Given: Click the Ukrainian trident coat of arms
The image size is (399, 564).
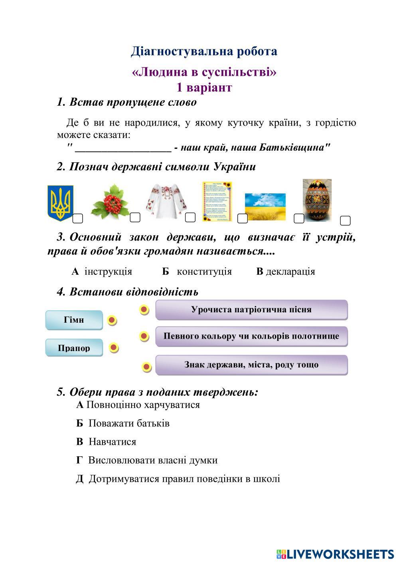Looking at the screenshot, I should pyautogui.click(x=60, y=203).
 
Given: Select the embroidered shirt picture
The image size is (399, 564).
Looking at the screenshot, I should pyautogui.click(x=166, y=201).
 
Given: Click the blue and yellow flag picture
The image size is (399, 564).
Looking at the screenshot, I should pyautogui.click(x=265, y=207).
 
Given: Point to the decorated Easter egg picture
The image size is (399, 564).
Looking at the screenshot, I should pyautogui.click(x=317, y=200).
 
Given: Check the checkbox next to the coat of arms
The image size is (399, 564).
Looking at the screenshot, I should pyautogui.click(x=78, y=218).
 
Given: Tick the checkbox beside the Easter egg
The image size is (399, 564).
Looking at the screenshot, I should pyautogui.click(x=345, y=220).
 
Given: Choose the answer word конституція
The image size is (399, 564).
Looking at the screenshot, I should pyautogui.click(x=204, y=272).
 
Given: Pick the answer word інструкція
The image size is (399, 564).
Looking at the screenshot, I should pyautogui.click(x=108, y=272).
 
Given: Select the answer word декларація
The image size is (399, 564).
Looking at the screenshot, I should pyautogui.click(x=290, y=272).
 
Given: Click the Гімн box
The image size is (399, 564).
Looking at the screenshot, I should pyautogui.click(x=74, y=320).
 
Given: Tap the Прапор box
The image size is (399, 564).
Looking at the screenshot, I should pyautogui.click(x=74, y=348).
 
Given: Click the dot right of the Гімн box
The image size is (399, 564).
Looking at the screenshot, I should pyautogui.click(x=112, y=320).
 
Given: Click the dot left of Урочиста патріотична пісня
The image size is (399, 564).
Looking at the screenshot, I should pyautogui.click(x=144, y=310).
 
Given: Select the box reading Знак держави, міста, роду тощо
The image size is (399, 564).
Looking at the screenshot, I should pyautogui.click(x=251, y=365).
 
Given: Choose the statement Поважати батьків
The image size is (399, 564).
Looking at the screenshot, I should pyautogui.click(x=129, y=423).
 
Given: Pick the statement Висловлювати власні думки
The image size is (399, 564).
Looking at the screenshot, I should pyautogui.click(x=153, y=460).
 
